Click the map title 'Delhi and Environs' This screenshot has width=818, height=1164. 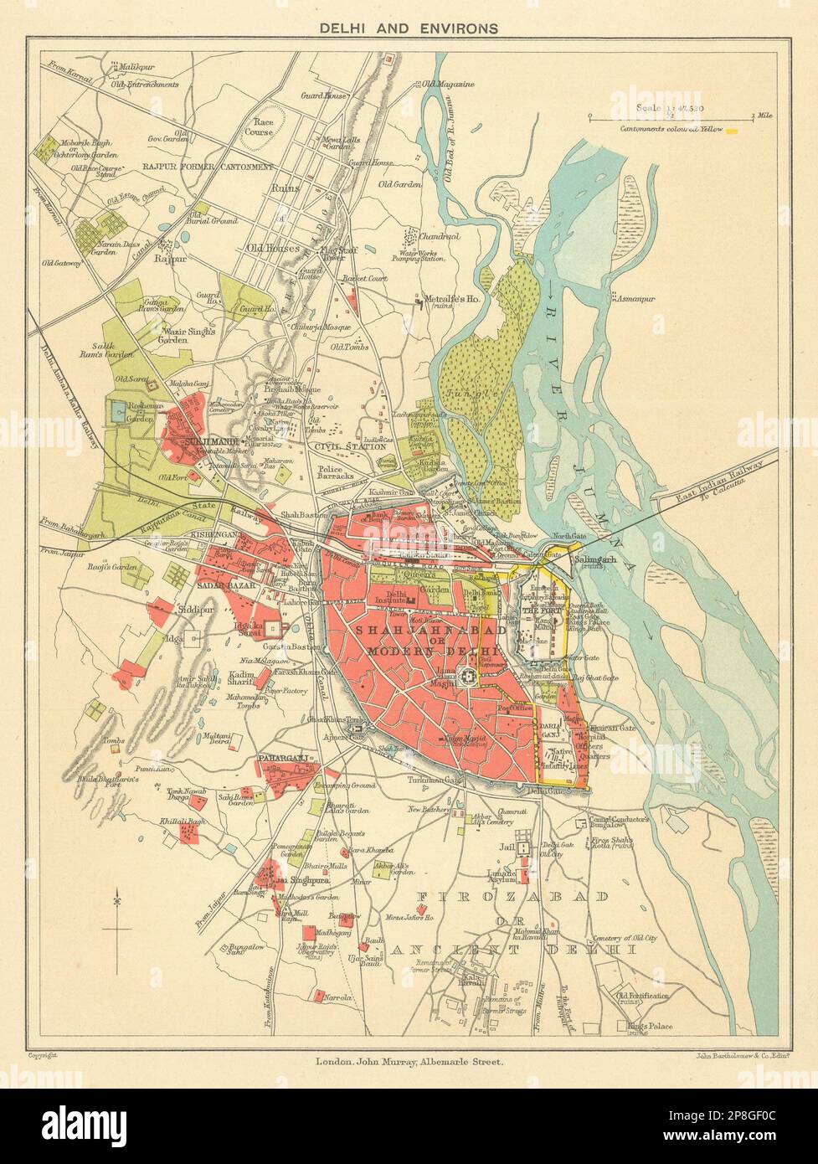click(409, 28)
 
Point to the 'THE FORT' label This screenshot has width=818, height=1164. click(538, 610)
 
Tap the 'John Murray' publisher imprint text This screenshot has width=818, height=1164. click(409, 1062)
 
